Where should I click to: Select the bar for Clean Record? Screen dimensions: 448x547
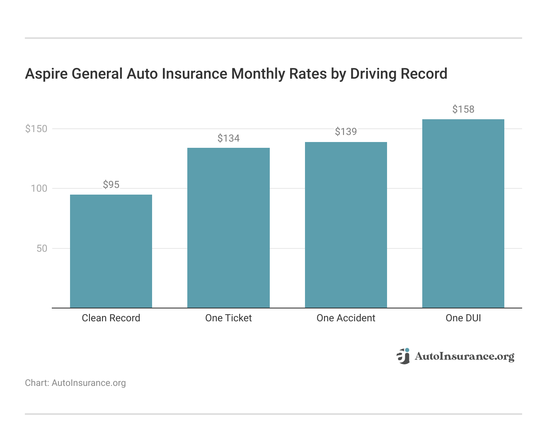111,251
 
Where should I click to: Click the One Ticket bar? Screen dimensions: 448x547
228,228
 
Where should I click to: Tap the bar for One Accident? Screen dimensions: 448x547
346,225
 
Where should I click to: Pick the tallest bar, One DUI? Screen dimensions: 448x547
463,213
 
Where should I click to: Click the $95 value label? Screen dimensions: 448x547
111,185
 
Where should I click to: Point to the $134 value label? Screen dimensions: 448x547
228,138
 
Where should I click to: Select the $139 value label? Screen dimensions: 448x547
346,132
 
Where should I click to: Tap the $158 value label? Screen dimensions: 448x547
463,109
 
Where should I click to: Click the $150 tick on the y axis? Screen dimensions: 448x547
36,129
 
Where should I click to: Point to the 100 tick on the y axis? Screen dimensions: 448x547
39,188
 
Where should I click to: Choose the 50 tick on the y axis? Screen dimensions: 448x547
42,248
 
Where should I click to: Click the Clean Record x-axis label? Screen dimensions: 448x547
111,318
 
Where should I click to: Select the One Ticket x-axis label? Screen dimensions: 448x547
228,318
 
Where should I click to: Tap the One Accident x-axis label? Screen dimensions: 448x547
346,318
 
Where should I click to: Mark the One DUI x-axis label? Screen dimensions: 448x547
463,318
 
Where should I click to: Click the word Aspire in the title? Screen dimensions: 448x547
46,74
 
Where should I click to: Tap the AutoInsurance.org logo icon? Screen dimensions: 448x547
403,356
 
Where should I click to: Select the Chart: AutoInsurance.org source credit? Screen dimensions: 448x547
75,383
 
